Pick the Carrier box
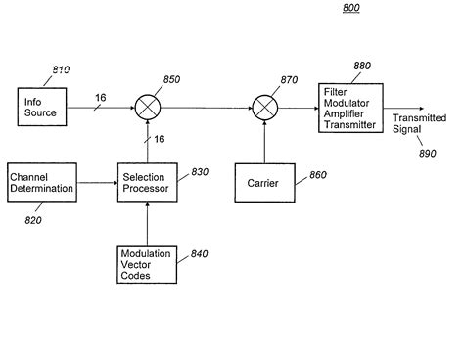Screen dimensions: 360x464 263,183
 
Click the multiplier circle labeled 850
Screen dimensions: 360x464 148,107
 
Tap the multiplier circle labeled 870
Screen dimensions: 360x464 263,107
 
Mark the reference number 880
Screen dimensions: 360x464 362,67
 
